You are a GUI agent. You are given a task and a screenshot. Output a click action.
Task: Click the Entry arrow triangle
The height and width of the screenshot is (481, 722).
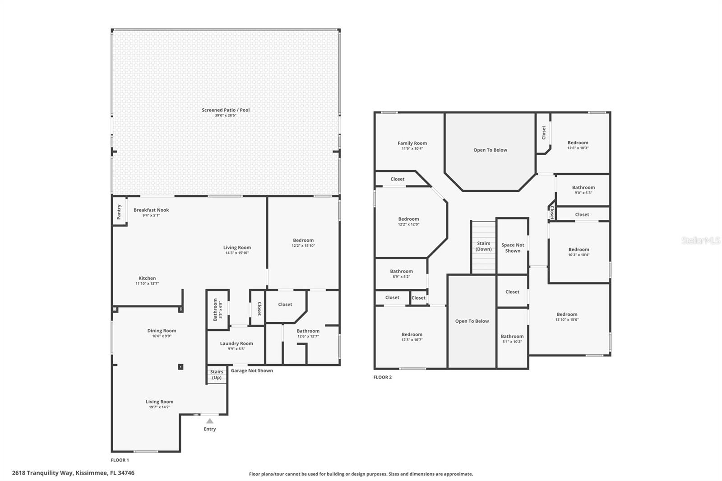tap(210, 421)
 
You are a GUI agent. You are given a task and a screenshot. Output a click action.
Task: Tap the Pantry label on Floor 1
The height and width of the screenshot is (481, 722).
tap(119, 212)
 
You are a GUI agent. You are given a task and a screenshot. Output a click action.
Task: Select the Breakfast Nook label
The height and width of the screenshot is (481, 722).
tap(151, 210)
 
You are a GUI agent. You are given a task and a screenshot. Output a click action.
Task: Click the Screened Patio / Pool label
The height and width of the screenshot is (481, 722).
tap(226, 110)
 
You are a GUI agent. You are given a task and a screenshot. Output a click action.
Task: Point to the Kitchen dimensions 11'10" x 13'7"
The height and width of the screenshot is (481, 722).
tap(147, 284)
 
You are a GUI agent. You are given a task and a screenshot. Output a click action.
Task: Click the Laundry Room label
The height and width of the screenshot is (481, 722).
tap(236, 343)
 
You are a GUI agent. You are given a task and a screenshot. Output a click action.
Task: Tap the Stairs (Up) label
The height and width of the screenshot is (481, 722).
tap(217, 375)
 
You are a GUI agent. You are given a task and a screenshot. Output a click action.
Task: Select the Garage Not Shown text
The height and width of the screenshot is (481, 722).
tap(252, 371)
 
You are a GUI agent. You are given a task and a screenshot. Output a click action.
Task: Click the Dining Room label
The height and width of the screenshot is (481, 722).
tap(162, 330)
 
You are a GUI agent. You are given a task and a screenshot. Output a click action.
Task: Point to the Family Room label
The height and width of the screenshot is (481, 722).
tap(412, 143)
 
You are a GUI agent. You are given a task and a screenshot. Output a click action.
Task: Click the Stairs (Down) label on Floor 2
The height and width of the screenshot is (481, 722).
tap(483, 246)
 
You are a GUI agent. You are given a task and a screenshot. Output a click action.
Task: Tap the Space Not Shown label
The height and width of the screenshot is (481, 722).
tap(513, 248)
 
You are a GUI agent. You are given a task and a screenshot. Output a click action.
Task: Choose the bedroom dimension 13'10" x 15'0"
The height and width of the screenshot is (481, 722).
tap(567, 320)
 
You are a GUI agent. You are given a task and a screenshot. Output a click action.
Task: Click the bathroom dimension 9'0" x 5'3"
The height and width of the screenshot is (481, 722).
tap(583, 193)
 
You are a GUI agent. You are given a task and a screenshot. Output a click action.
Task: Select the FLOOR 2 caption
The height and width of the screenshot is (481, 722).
tap(383, 377)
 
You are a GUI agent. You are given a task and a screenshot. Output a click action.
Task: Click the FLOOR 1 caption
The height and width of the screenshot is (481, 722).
tap(120, 460)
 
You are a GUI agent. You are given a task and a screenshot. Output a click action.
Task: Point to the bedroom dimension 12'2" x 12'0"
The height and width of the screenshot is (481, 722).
tap(409, 224)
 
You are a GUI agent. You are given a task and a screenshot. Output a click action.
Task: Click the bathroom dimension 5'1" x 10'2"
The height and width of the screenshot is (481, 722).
tap(512, 342)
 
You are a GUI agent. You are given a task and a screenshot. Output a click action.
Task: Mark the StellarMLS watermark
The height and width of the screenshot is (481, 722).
tap(701, 240)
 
